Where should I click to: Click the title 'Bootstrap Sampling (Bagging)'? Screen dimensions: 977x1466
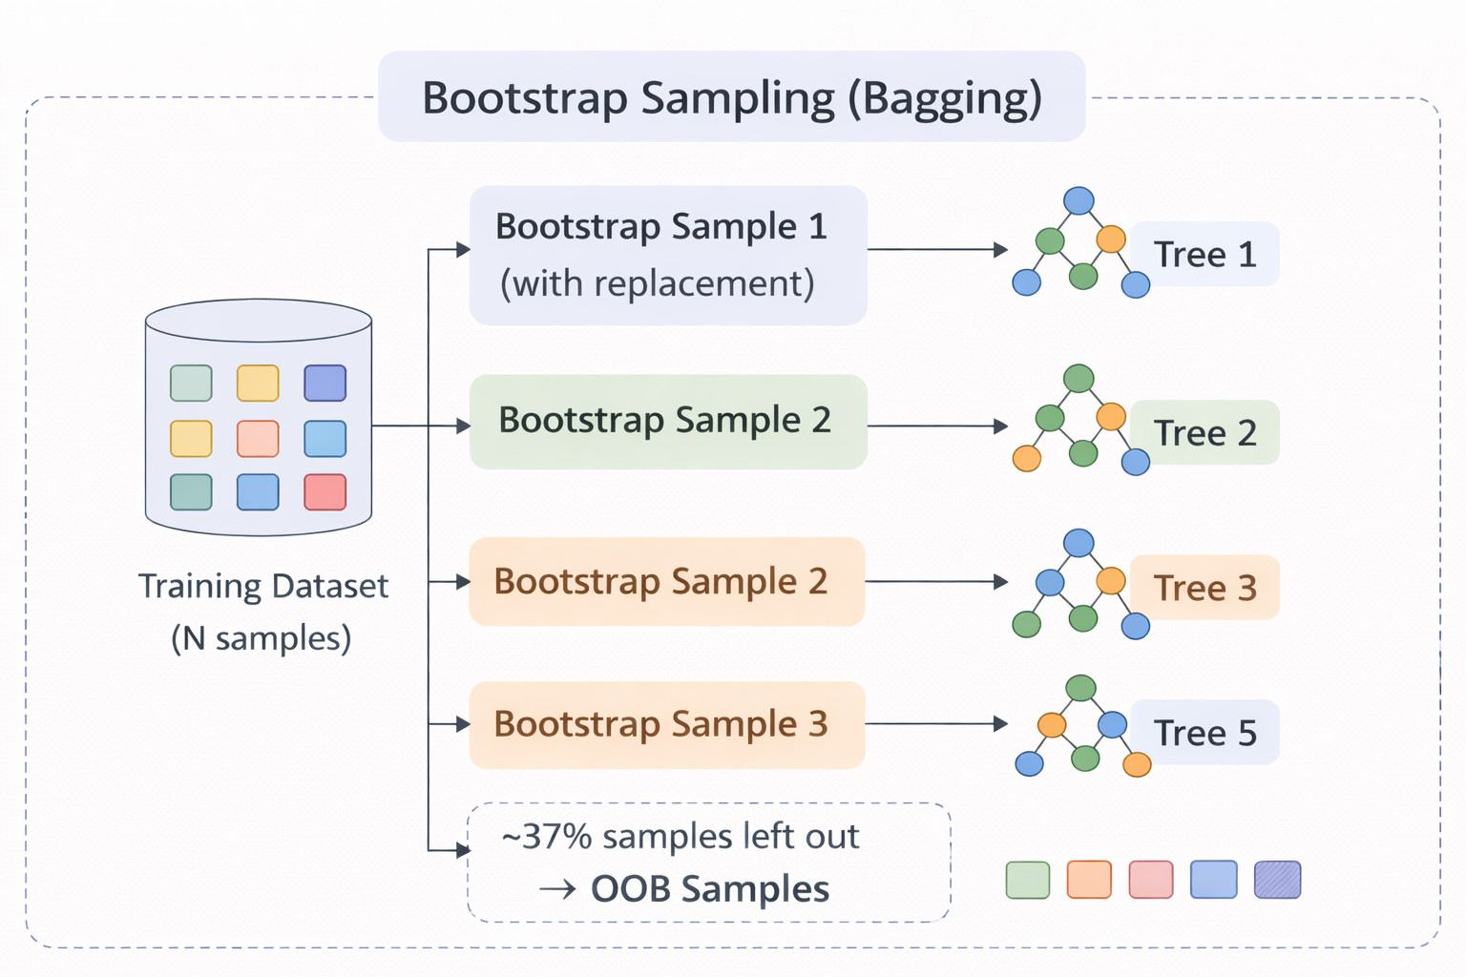pyautogui.click(x=731, y=98)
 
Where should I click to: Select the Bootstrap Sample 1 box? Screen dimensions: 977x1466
pyautogui.click(x=667, y=255)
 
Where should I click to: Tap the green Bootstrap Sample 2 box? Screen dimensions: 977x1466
pyautogui.click(x=667, y=421)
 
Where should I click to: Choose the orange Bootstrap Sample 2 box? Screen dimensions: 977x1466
pyautogui.click(x=666, y=581)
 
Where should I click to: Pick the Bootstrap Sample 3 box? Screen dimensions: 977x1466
pyautogui.click(x=666, y=724)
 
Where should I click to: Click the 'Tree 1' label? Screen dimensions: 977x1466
pyautogui.click(x=1204, y=255)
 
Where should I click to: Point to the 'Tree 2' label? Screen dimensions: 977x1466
pyautogui.click(x=1204, y=433)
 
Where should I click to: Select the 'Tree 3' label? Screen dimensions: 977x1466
pyautogui.click(x=1204, y=588)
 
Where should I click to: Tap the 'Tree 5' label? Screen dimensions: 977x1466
pyautogui.click(x=1204, y=733)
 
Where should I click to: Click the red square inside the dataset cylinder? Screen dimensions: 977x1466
pyautogui.click(x=325, y=492)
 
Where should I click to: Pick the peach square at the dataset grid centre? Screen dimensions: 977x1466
pyautogui.click(x=258, y=439)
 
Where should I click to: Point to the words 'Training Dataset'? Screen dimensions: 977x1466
pyautogui.click(x=262, y=586)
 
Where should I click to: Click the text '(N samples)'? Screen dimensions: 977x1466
pyautogui.click(x=261, y=637)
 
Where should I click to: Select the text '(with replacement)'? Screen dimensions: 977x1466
pyautogui.click(x=658, y=283)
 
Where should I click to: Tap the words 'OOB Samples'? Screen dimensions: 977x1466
pyautogui.click(x=709, y=889)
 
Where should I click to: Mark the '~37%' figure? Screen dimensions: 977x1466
pyautogui.click(x=546, y=837)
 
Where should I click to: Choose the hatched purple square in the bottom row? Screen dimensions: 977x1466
pyautogui.click(x=1277, y=880)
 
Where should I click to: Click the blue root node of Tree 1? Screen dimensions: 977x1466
pyautogui.click(x=1079, y=200)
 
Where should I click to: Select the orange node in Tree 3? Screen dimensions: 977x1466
pyautogui.click(x=1111, y=580)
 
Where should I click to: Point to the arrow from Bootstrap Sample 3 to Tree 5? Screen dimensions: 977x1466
pyautogui.click(x=935, y=724)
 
